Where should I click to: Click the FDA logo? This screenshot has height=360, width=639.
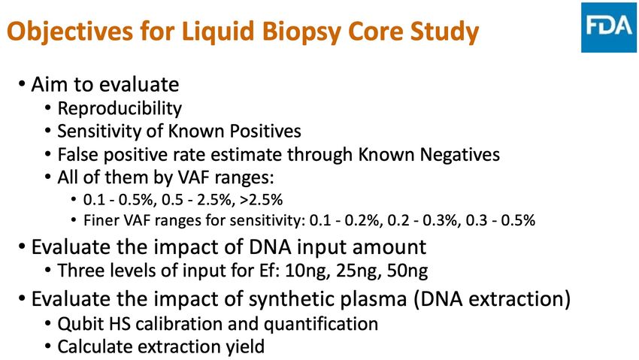[x=609, y=28]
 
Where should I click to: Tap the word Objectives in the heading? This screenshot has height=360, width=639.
[x=70, y=32]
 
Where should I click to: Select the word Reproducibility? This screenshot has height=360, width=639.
[x=120, y=108]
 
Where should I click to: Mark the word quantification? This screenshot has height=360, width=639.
[x=321, y=324]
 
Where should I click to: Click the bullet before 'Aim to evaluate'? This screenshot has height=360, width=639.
[x=21, y=84]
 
